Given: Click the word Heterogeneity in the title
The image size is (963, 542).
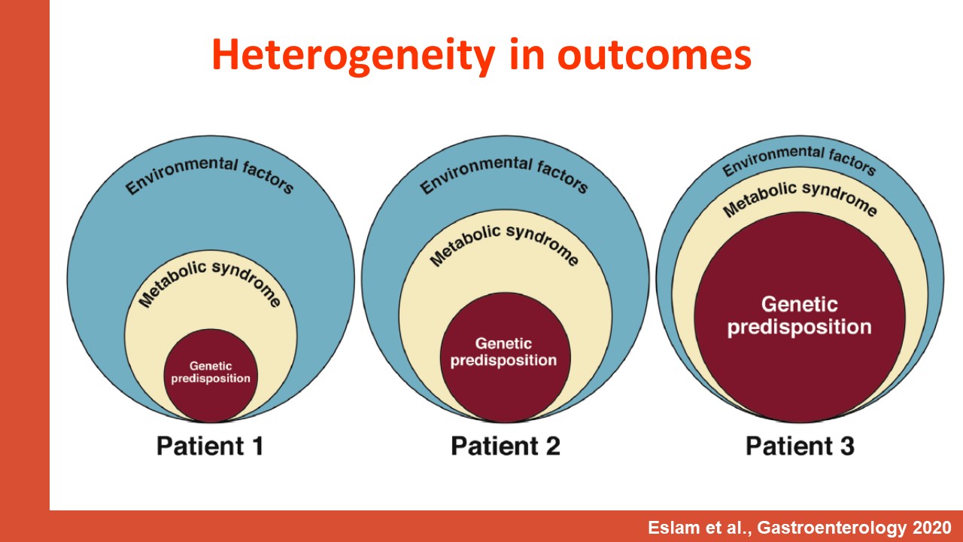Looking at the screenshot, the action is pos(354,56).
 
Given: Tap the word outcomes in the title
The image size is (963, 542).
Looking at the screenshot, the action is pos(655,56).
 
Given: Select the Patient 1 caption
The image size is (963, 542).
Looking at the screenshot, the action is pos(210,446).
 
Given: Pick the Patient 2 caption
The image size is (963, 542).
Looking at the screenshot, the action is pos(506,446).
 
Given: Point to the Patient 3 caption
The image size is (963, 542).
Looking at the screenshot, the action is pos(800,446).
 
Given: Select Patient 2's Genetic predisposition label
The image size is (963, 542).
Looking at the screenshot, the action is pos(503,352).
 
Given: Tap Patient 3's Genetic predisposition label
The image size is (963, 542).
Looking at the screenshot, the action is pos(800,316).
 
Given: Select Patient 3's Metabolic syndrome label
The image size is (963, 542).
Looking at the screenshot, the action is pos(800,198).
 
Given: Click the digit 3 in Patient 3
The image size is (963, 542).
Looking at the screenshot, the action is pos(847,446).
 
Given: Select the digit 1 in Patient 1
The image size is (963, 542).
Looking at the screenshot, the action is pos(258,446).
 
